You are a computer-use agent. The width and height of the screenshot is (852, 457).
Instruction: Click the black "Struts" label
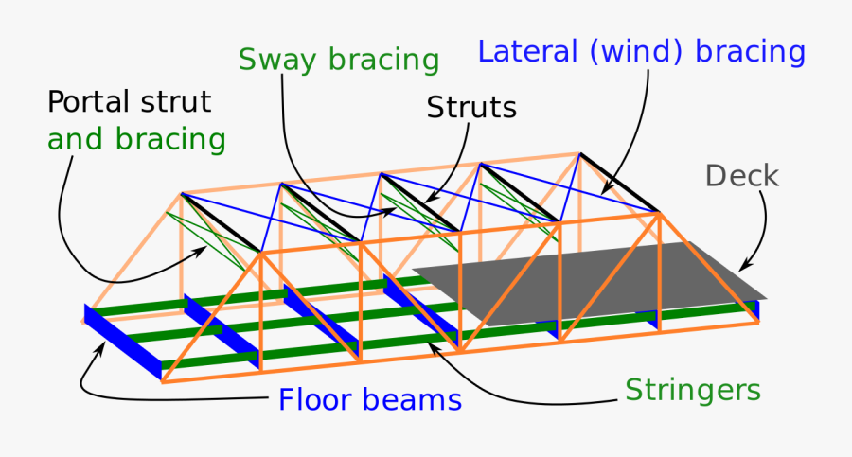tap(471, 108)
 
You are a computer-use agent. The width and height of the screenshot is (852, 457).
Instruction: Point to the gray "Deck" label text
tap(742, 176)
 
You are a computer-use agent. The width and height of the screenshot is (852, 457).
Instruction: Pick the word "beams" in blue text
tap(417, 400)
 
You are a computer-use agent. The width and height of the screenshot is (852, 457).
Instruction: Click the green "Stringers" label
tap(693, 389)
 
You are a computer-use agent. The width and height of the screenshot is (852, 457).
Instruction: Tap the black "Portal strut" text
tap(130, 102)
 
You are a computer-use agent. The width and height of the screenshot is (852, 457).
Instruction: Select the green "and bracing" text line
tap(136, 140)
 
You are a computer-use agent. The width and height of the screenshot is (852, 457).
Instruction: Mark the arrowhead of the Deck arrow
tap(743, 268)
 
